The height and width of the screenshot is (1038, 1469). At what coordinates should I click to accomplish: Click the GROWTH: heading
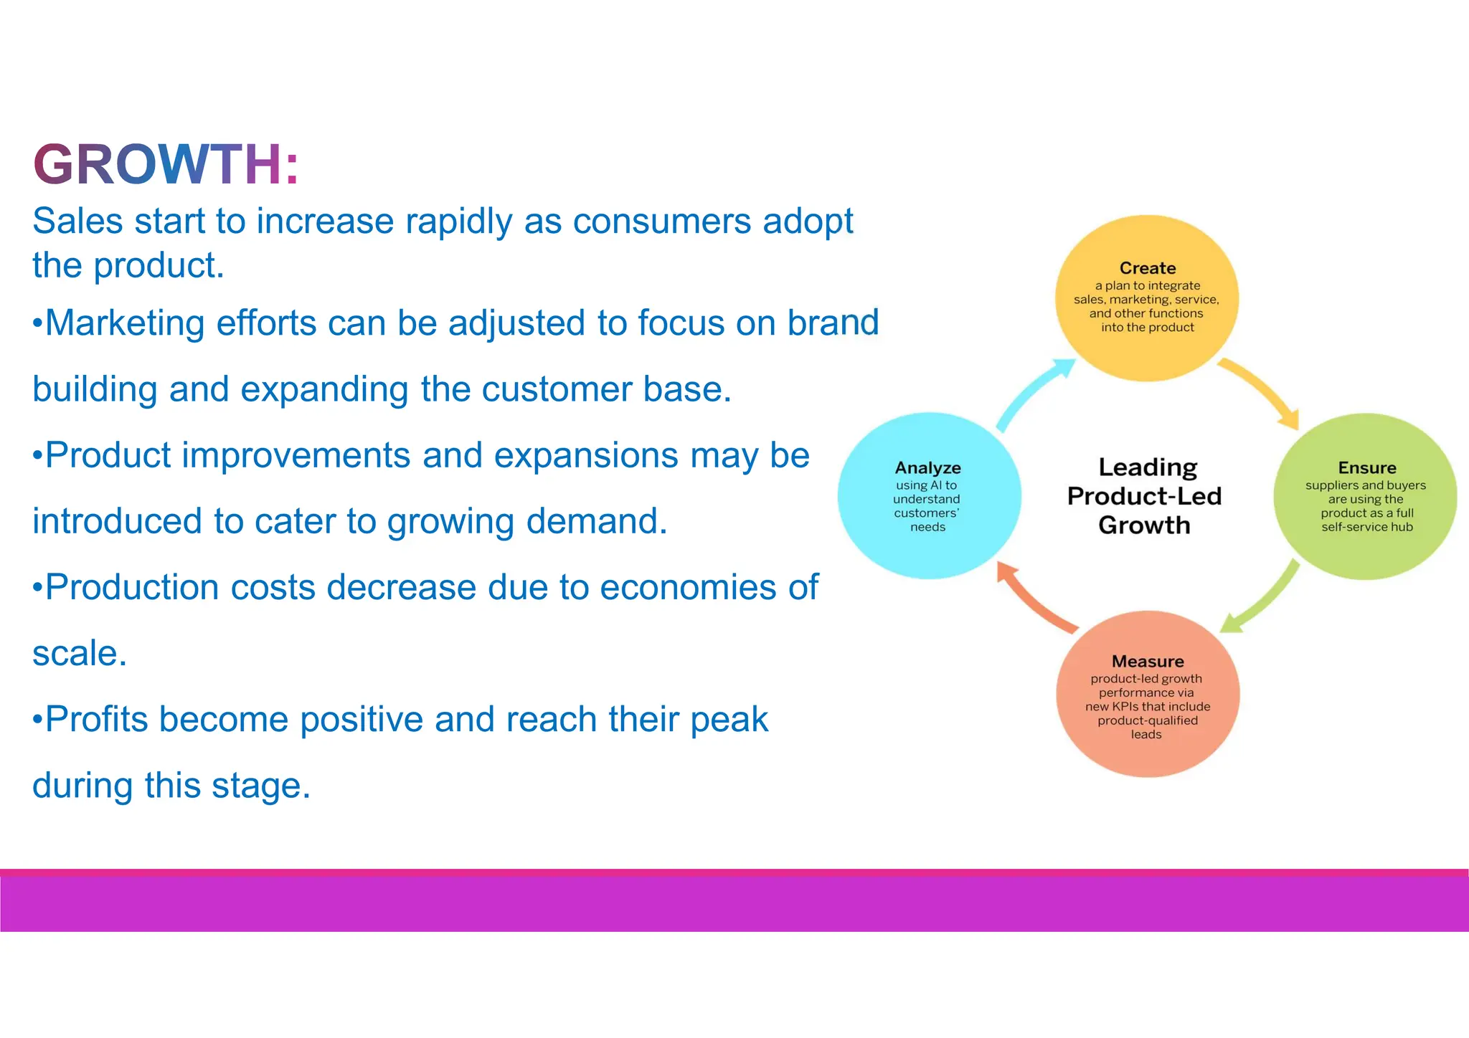pyautogui.click(x=166, y=165)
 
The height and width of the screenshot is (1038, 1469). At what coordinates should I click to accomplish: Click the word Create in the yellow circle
pyautogui.click(x=1147, y=268)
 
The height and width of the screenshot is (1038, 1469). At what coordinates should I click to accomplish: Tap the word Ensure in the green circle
pyautogui.click(x=1366, y=468)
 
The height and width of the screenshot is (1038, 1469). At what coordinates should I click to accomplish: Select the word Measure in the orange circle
pyautogui.click(x=1147, y=661)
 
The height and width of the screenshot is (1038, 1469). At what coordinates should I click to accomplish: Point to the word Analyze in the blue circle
pyautogui.click(x=927, y=468)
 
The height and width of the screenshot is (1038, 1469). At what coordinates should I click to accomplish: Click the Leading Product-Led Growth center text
pyautogui.click(x=1144, y=496)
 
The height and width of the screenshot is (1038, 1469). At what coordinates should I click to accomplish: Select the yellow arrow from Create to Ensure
pyautogui.click(x=1262, y=391)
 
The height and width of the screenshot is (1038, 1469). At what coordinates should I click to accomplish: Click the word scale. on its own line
pyautogui.click(x=80, y=654)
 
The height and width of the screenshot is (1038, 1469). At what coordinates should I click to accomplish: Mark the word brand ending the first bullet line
pyautogui.click(x=833, y=323)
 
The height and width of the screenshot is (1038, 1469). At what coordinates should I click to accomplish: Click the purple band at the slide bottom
pyautogui.click(x=734, y=903)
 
